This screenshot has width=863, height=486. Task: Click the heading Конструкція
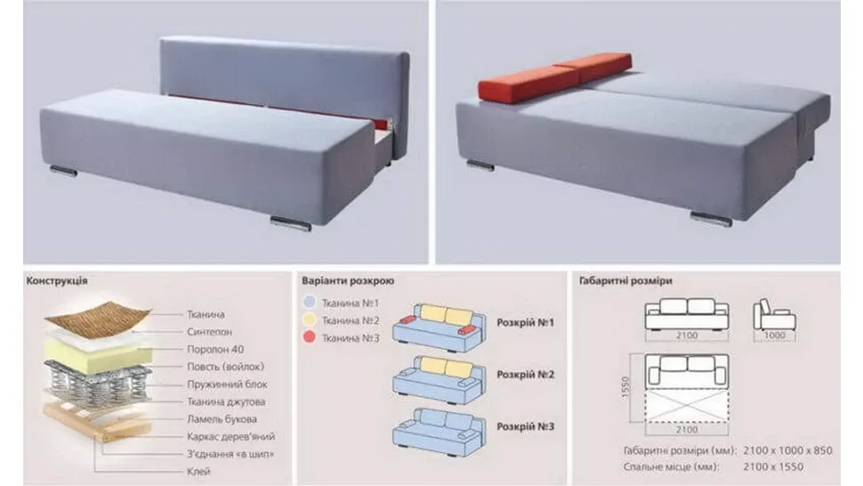point(57,280)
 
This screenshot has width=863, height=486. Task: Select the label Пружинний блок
point(227,385)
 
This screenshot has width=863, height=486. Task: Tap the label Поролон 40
point(215,349)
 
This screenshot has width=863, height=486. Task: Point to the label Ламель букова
point(222,419)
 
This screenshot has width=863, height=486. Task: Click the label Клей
point(198,471)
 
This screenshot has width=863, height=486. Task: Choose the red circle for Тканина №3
point(310,336)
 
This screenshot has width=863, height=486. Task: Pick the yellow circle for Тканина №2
point(310,320)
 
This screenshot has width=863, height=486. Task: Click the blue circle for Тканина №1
point(310,302)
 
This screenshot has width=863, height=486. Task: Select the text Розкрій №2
point(525,374)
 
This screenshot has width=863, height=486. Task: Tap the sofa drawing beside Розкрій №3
point(440,432)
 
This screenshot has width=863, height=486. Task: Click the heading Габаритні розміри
point(625,280)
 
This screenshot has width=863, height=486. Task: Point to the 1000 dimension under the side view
point(774,335)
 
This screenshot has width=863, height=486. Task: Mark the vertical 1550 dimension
point(625,388)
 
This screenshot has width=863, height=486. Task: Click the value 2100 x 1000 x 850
point(787,450)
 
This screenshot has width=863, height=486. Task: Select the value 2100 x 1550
point(773,466)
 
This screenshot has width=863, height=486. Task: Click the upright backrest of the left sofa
point(285,80)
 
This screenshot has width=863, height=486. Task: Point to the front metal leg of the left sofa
point(291,223)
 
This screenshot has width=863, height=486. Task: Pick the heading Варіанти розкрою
point(348,280)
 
